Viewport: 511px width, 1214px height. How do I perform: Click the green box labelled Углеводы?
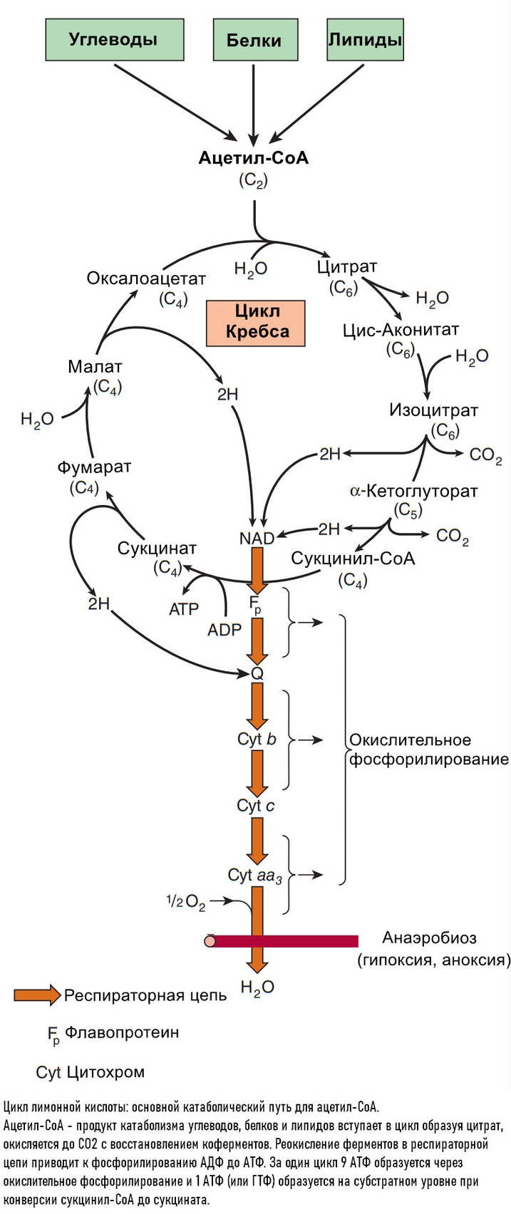(x=113, y=40)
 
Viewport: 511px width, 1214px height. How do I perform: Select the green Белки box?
(x=254, y=41)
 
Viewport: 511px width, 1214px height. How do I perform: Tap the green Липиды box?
(x=365, y=40)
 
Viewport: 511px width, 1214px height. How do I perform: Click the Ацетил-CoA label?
(x=253, y=158)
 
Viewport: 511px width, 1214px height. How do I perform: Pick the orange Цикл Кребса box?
(x=256, y=321)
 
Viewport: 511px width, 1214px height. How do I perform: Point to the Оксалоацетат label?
(x=146, y=278)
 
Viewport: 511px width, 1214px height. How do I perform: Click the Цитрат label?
(x=346, y=267)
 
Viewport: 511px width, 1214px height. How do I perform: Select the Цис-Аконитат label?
(x=401, y=330)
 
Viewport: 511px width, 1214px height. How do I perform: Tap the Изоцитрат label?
(x=433, y=410)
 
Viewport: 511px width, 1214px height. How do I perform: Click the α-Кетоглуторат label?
(x=413, y=491)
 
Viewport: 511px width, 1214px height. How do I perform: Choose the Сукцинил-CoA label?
(x=353, y=558)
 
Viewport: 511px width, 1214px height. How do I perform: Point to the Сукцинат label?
(x=157, y=549)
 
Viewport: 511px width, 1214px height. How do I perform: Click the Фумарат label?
(x=94, y=467)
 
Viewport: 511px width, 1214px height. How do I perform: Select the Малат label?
(x=95, y=367)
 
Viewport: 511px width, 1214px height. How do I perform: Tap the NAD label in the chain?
(x=257, y=538)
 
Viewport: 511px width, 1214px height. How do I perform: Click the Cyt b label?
(x=257, y=739)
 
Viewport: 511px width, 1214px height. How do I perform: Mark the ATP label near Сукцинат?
(x=184, y=609)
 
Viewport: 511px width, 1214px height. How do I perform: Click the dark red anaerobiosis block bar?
(x=285, y=941)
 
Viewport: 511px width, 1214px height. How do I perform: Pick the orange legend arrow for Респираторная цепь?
(x=37, y=995)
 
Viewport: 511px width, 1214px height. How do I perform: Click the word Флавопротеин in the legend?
(x=122, y=1032)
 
